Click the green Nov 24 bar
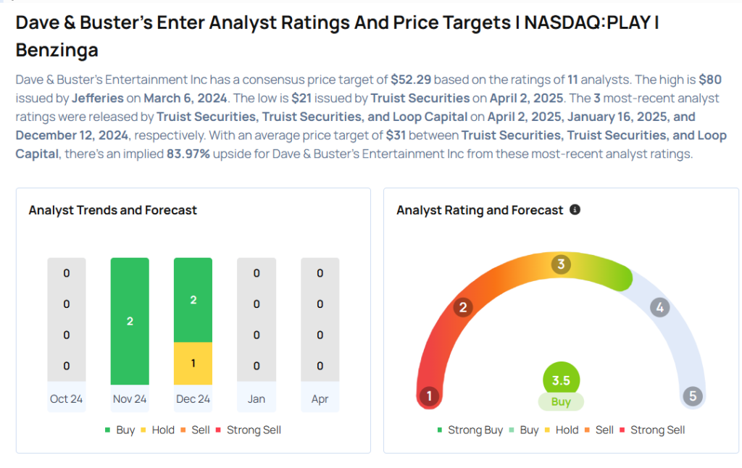pyautogui.click(x=130, y=321)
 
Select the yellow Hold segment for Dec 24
pyautogui.click(x=193, y=363)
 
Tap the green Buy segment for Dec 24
pyautogui.click(x=193, y=300)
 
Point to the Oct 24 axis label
pyautogui.click(x=67, y=399)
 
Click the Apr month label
pyautogui.click(x=320, y=399)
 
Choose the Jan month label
pyautogui.click(x=257, y=399)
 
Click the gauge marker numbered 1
pyautogui.click(x=430, y=396)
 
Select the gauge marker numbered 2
pyautogui.click(x=463, y=307)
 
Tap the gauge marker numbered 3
pyautogui.click(x=560, y=264)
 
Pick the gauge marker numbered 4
pyautogui.click(x=659, y=307)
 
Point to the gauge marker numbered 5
pyautogui.click(x=693, y=396)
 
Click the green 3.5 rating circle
pyautogui.click(x=561, y=380)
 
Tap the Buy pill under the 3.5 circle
pyautogui.click(x=561, y=402)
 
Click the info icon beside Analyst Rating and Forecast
pyautogui.click(x=575, y=210)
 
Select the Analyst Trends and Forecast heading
pyautogui.click(x=113, y=210)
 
